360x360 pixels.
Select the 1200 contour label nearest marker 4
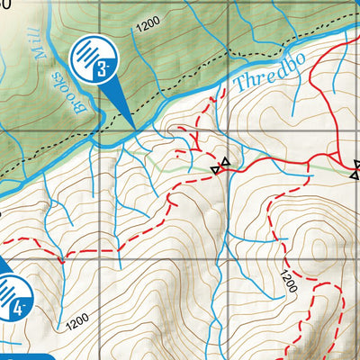78,319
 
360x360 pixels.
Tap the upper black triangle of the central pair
225,162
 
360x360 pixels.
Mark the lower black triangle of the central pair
216,169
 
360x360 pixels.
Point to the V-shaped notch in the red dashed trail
63,259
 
